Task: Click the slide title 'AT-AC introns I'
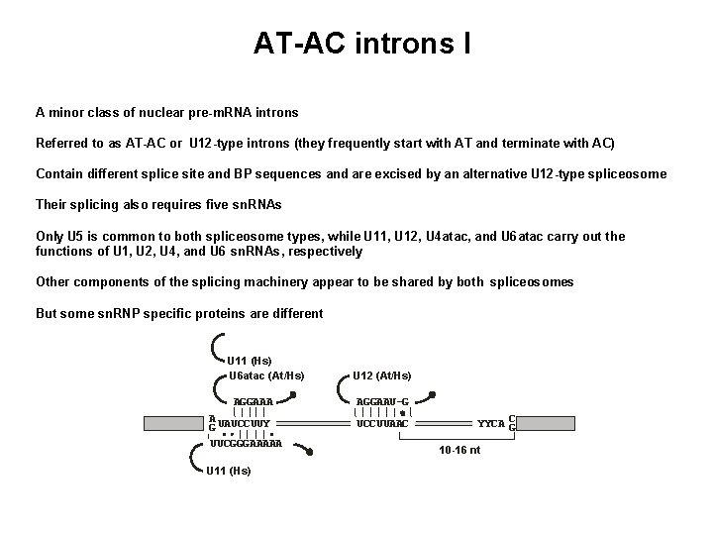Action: pos(361,44)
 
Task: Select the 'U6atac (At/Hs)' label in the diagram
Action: pos(265,375)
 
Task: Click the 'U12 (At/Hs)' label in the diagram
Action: pos(381,375)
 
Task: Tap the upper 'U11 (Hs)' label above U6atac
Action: pos(250,361)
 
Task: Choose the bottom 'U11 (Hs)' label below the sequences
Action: pos(228,470)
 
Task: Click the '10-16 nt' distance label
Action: pos(459,450)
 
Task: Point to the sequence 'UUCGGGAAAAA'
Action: pos(246,443)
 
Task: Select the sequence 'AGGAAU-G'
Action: pos(382,401)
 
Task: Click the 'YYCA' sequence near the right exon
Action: pos(490,423)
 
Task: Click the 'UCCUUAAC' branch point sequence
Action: pos(382,423)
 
